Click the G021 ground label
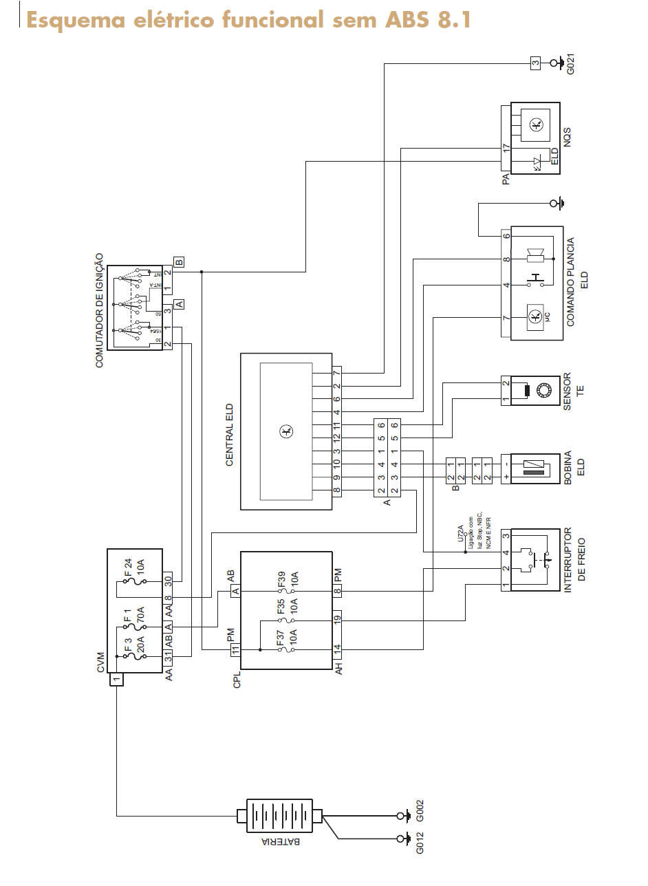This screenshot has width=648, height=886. [x=570, y=63]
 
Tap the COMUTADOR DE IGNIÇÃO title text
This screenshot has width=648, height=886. [x=99, y=310]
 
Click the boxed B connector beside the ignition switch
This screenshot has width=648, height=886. [x=179, y=262]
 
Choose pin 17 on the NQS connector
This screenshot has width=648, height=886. [x=506, y=147]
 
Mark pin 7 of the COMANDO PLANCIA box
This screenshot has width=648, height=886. [x=506, y=318]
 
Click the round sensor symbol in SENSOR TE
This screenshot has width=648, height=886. [x=544, y=391]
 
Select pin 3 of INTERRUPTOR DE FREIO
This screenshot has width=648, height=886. [x=506, y=536]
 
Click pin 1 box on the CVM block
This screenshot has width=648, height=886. [x=117, y=680]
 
